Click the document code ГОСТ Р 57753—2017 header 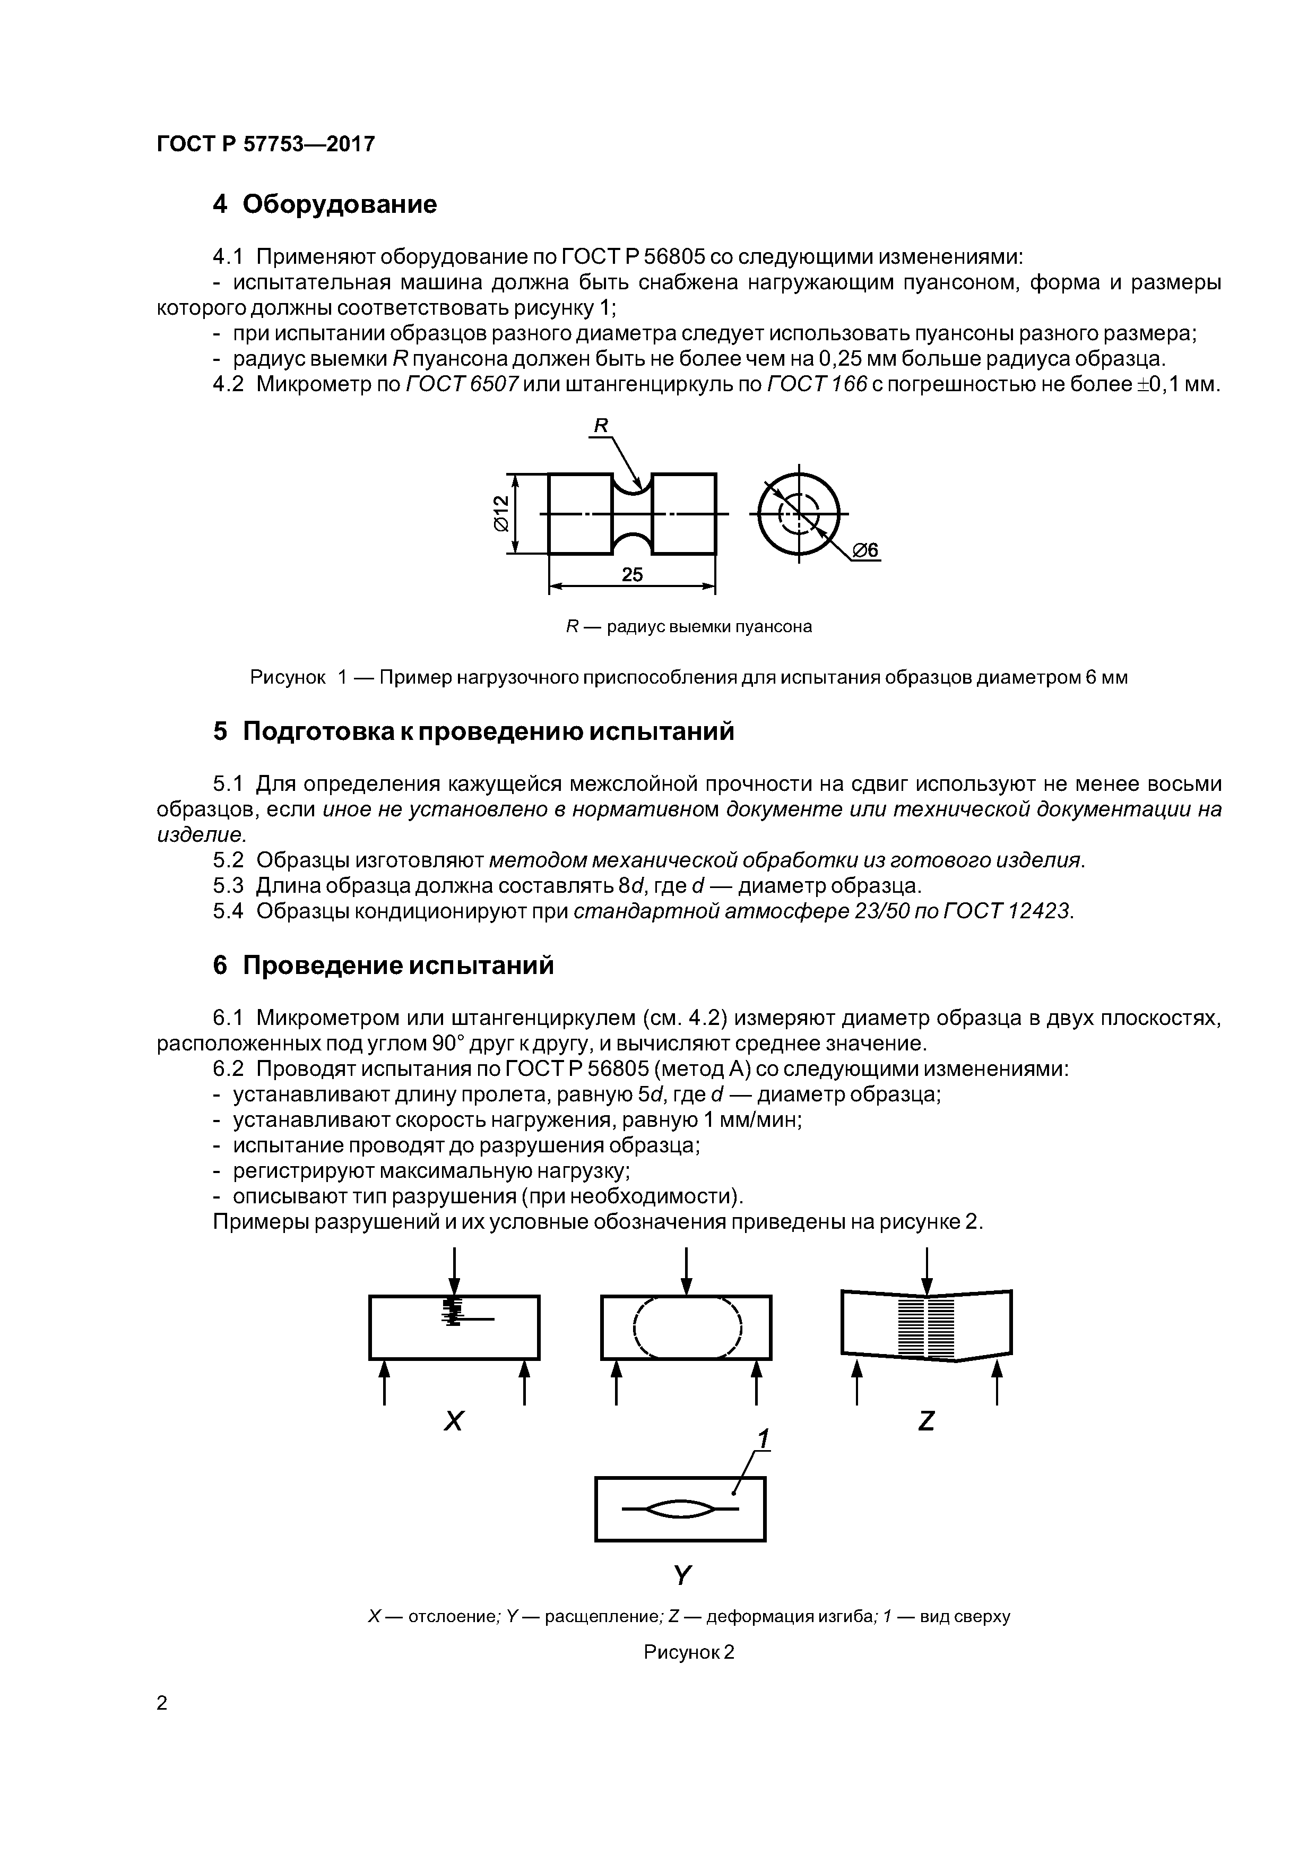click(x=265, y=144)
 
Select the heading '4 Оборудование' click(x=324, y=204)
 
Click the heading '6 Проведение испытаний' click(x=384, y=965)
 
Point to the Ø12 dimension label click(x=500, y=513)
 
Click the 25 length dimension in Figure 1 click(x=631, y=574)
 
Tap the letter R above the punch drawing click(x=601, y=425)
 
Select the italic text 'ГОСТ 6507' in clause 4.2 click(x=461, y=384)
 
